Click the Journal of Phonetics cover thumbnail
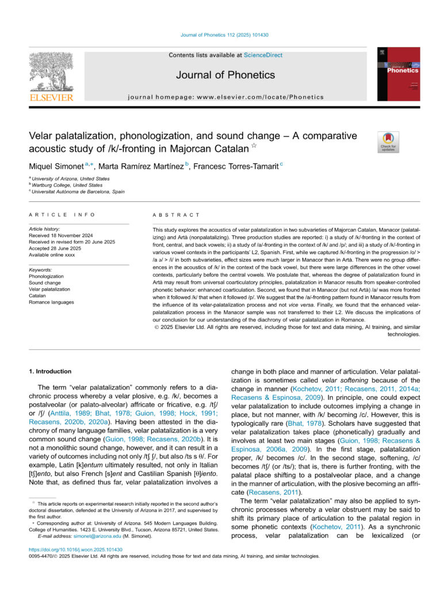coord(394,75)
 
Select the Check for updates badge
coord(388,141)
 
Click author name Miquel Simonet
coord(56,165)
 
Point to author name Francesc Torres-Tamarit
coord(246,165)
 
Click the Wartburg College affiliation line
coord(67,185)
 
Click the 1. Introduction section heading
coord(50,372)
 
